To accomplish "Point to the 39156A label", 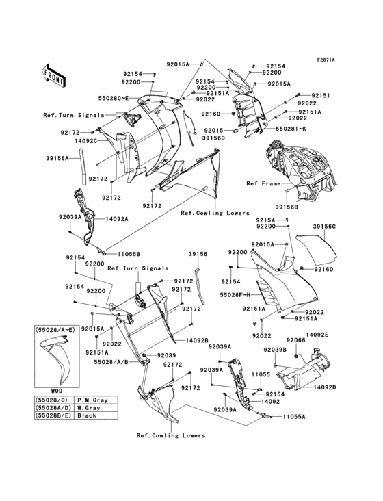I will click(x=57, y=158).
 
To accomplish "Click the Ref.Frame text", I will click(x=263, y=184).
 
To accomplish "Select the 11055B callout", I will click(x=120, y=253).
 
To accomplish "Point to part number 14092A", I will click(x=117, y=219).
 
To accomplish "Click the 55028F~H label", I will click(x=236, y=294).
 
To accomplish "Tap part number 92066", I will click(x=295, y=339).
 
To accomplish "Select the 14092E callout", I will click(x=317, y=334).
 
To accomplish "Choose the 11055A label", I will click(x=295, y=415).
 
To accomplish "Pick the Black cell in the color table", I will click(x=99, y=415).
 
